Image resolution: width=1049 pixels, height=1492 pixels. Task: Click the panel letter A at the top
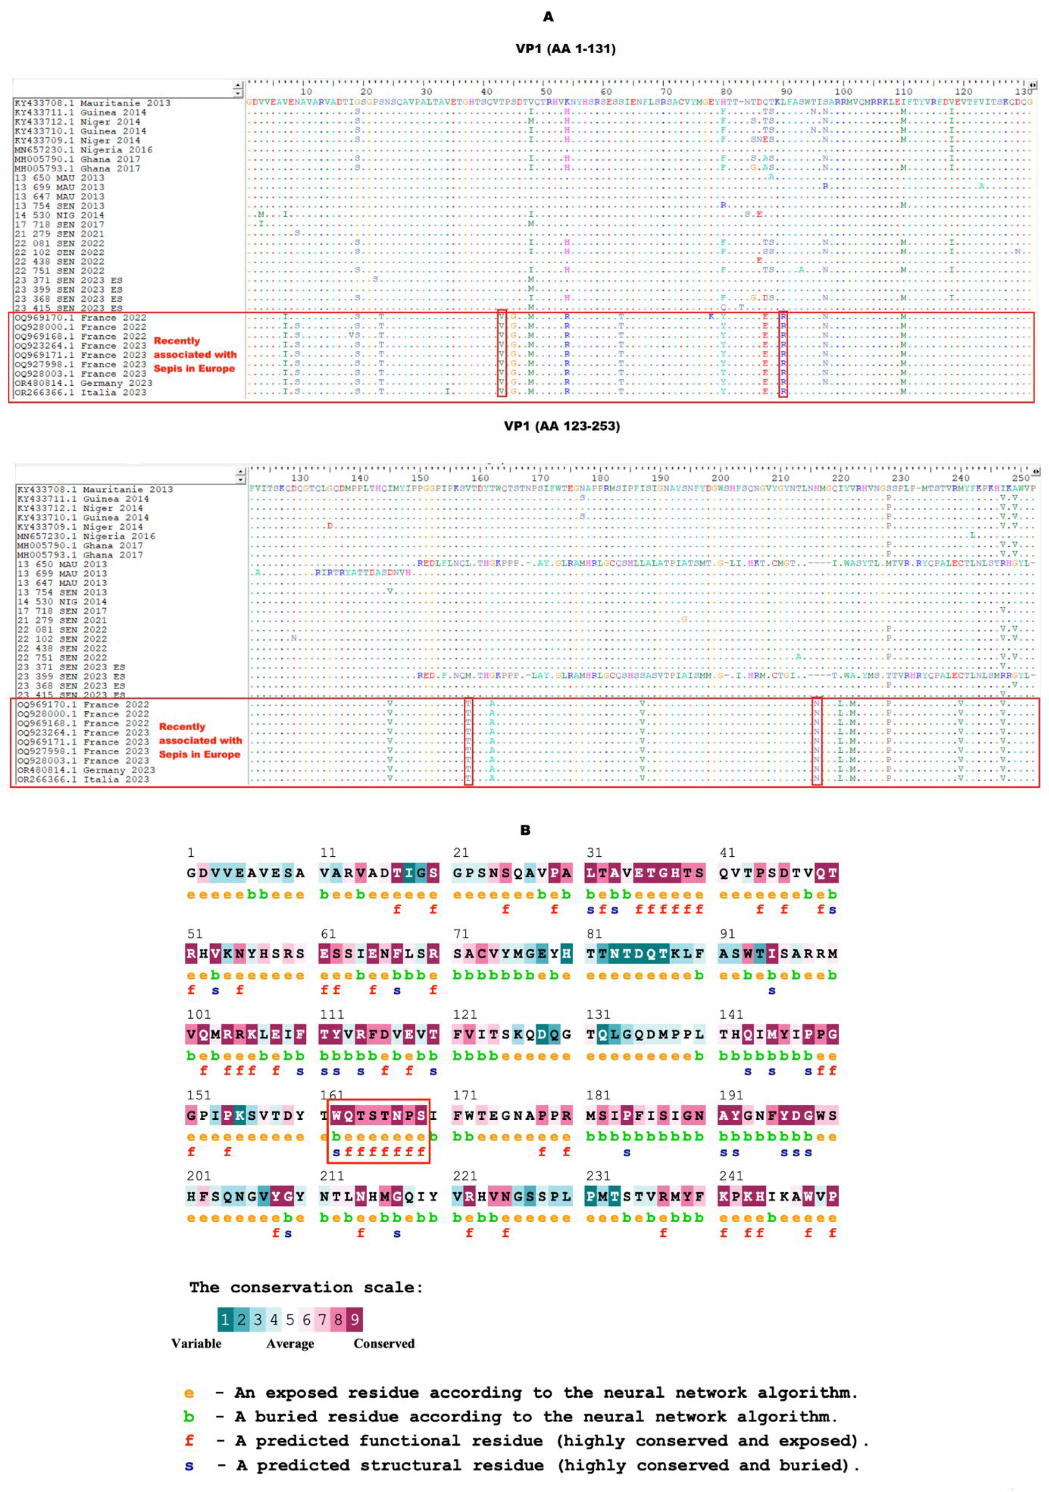tap(548, 17)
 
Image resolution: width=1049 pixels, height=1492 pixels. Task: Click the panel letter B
tap(525, 830)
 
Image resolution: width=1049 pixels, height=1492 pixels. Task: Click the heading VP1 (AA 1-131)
tap(565, 49)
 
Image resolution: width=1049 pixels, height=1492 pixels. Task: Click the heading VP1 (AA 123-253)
tap(562, 426)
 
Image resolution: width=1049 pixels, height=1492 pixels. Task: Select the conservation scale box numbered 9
tap(354, 1320)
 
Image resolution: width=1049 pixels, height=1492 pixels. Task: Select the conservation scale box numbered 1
tap(225, 1320)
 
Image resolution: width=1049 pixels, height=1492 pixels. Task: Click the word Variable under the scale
tap(196, 1344)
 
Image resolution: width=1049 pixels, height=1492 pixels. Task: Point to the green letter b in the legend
tap(189, 1417)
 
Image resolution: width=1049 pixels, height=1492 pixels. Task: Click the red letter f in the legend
tap(189, 1441)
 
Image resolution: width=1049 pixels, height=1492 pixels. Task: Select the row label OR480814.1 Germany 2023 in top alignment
tap(83, 383)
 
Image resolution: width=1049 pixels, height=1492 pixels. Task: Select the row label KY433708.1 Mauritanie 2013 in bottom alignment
tap(95, 489)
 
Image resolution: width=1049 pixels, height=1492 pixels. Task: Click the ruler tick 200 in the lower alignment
tap(720, 478)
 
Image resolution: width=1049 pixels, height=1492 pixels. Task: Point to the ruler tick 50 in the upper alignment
tap(546, 91)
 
